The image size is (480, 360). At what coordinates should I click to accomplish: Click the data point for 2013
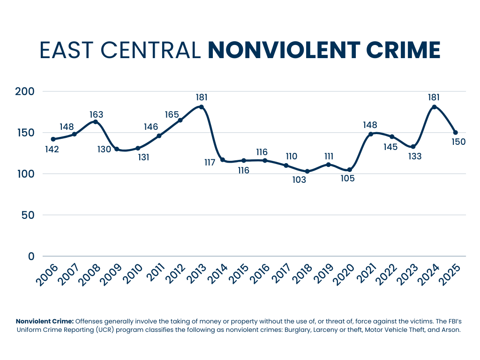point(202,107)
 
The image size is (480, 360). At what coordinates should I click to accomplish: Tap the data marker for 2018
point(307,172)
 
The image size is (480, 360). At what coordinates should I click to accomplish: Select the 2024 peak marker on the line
point(434,107)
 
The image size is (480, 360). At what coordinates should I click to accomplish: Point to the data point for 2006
point(53,139)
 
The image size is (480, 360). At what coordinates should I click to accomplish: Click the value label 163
point(96,114)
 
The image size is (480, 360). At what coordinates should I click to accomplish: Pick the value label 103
point(298,180)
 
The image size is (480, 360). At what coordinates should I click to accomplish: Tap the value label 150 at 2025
point(458,142)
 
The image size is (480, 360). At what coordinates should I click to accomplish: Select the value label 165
point(172,114)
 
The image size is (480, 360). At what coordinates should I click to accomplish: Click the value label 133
point(414,157)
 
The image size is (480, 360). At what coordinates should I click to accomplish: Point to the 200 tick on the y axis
point(25,91)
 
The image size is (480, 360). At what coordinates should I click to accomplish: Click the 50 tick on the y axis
point(29,215)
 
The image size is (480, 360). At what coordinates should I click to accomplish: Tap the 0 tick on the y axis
point(31,256)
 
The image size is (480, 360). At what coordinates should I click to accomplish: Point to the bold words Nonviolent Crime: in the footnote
point(45,321)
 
